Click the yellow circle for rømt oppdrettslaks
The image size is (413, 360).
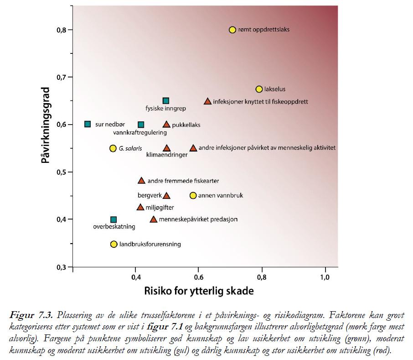tap(232, 30)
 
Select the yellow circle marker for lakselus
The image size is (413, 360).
tap(259, 89)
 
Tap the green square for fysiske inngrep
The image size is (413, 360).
tap(166, 101)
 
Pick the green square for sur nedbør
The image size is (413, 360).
tap(88, 124)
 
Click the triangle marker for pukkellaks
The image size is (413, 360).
tap(166, 125)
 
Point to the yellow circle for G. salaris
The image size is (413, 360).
tap(113, 148)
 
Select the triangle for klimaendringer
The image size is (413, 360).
tap(166, 148)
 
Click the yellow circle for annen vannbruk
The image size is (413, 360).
tap(193, 195)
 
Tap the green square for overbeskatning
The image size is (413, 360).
tap(114, 219)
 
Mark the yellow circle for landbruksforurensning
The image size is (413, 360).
tap(114, 244)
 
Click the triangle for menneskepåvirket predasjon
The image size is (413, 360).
tap(154, 219)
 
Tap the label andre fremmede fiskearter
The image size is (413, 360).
tap(177, 181)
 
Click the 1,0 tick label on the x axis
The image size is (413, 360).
tap(325, 277)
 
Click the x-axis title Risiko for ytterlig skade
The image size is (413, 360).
tap(199, 291)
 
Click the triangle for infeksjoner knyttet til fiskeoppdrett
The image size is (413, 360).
tap(207, 101)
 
